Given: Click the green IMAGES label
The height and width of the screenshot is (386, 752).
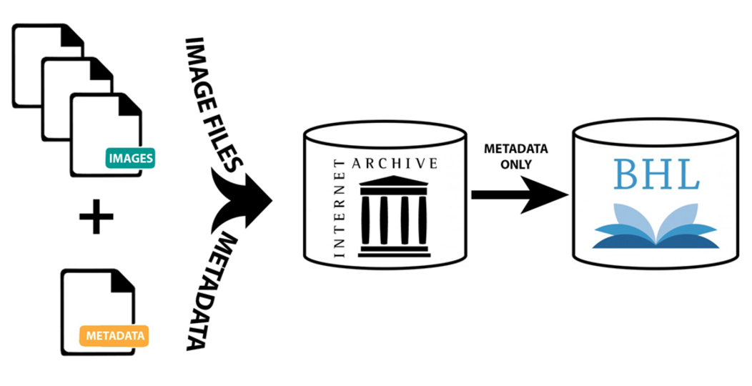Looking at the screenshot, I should pyautogui.click(x=130, y=157).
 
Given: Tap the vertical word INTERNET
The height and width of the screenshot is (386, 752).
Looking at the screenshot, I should pyautogui.click(x=339, y=208).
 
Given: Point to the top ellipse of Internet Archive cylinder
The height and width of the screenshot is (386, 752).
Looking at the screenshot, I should pyautogui.click(x=386, y=133).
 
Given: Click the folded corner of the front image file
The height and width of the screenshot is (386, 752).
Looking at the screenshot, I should pyautogui.click(x=129, y=104).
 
